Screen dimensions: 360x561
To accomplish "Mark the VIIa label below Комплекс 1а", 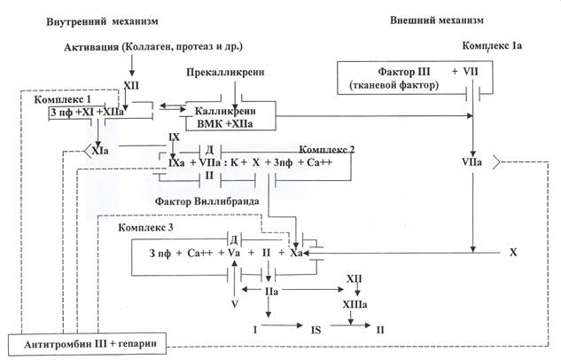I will (472, 164).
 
